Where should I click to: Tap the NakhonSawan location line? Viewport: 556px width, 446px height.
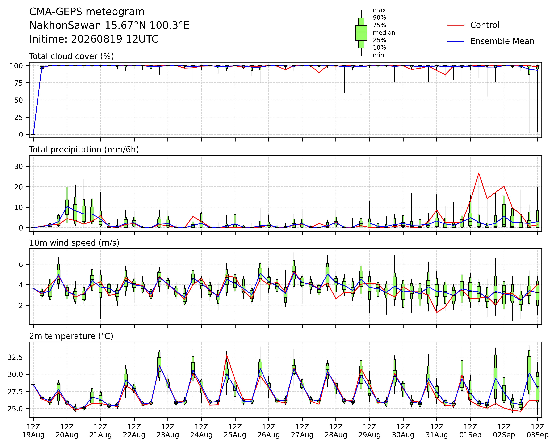109,26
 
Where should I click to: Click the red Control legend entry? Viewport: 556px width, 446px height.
473,25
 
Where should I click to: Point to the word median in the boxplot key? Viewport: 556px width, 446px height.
384,33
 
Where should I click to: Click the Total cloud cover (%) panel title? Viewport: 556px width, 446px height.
71,56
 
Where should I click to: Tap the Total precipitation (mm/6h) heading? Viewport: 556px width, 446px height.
84,150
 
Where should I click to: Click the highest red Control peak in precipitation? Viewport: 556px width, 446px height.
479,173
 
